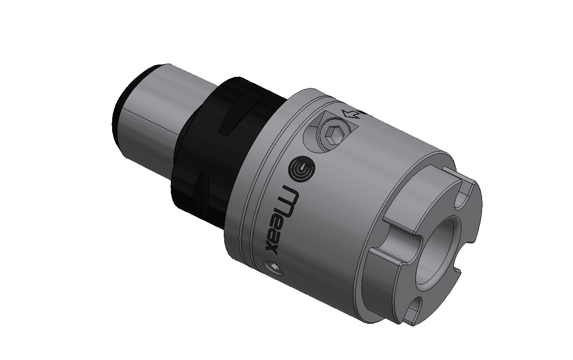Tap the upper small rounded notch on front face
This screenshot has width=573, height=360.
[x=464, y=194]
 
